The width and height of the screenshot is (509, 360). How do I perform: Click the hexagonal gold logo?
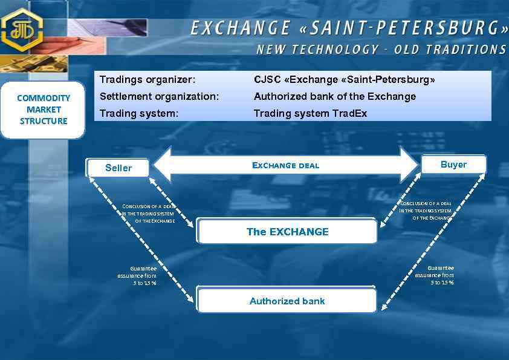coord(22,30)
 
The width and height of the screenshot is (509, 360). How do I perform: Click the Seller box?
coord(118,168)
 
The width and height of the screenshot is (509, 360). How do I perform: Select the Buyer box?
coord(453,165)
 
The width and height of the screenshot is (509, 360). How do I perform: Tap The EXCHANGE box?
coord(287,232)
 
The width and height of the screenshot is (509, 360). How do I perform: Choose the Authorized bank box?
coord(287,301)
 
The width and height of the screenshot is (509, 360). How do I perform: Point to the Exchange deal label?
coord(285,165)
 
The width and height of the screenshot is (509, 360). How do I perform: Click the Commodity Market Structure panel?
coord(44,110)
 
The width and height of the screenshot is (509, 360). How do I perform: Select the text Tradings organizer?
coord(148,80)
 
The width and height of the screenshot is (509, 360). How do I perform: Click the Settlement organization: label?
coord(159,96)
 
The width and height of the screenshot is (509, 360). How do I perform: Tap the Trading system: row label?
coord(139,113)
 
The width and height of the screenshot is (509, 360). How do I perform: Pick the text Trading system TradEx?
coord(310,113)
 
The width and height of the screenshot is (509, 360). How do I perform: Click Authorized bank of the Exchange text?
coord(335,96)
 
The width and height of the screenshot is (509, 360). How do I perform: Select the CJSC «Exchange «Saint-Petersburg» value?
coord(345,80)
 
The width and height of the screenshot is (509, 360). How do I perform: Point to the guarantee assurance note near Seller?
coord(137,275)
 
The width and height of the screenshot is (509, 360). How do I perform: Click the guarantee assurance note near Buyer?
coord(435,275)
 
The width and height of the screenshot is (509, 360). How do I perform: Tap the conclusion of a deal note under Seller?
coord(149,214)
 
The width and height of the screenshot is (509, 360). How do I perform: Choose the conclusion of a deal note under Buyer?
coord(426,211)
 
